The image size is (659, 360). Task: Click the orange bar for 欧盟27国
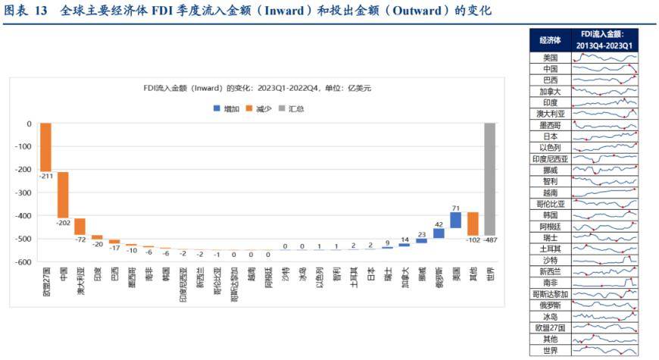click(x=45, y=147)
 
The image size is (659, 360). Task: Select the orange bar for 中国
click(x=63, y=195)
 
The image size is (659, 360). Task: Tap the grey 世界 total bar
click(x=489, y=179)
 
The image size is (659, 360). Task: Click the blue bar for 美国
click(x=455, y=220)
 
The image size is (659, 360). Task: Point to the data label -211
click(x=45, y=177)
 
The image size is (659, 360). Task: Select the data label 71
click(x=455, y=206)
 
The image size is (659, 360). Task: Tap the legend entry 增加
click(x=226, y=109)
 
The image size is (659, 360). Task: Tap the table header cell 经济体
click(x=550, y=40)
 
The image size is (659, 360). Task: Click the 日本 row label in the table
click(x=550, y=136)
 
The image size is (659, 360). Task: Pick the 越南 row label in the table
click(x=550, y=193)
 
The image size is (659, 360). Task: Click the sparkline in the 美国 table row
click(x=604, y=58)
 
